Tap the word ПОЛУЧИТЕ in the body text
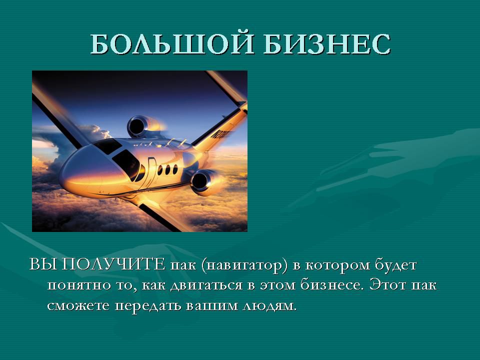[113, 264]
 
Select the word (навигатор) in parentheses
[244, 265]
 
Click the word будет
[396, 265]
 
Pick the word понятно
[79, 285]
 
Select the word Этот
[387, 284]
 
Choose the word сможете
[78, 305]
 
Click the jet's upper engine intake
[136, 126]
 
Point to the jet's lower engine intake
[200, 181]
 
